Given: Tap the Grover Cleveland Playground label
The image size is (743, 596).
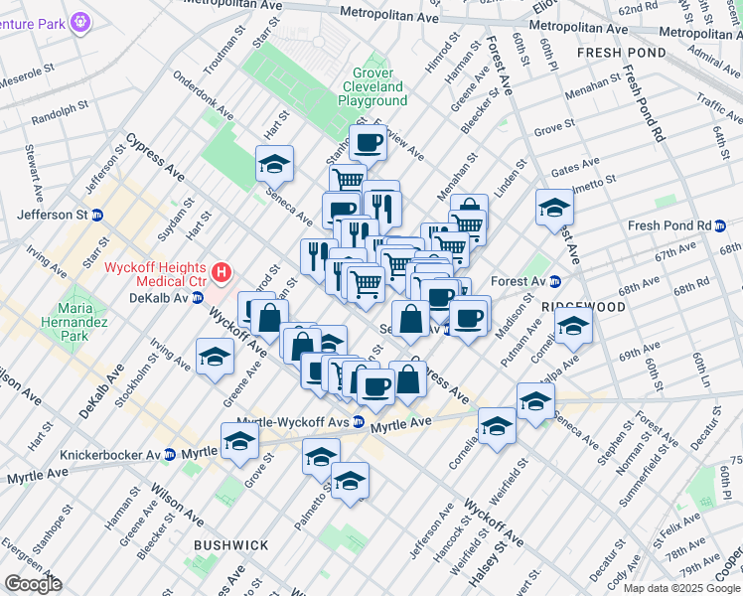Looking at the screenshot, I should point(372,86).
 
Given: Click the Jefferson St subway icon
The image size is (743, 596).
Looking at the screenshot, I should point(97,215).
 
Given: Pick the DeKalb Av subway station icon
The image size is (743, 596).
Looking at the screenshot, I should point(197,297).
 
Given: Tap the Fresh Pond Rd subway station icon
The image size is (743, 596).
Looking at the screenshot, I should point(721,225).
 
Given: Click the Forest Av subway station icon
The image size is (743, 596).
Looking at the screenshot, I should point(557,281).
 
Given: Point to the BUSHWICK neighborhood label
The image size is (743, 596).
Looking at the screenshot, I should point(230,545).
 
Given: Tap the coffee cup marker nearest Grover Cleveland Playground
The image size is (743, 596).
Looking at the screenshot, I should point(368,143).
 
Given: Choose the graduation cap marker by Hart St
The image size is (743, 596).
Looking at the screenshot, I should point(274,164).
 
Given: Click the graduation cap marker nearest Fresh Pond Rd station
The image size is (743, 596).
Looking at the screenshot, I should point(554,207).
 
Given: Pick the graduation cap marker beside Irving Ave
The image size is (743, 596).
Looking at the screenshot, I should point(215,358).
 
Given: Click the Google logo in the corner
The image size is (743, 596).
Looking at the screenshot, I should point(32,584).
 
